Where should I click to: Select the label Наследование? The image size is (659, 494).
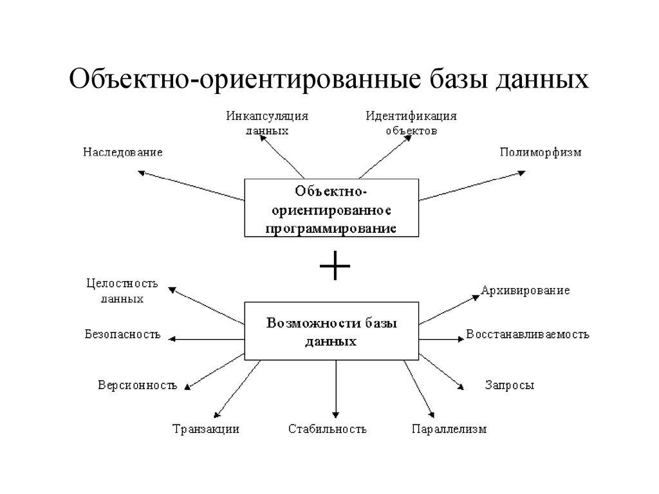coord(122,152)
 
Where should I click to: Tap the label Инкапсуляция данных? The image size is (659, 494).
coord(267,123)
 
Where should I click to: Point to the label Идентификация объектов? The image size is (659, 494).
coord(411,123)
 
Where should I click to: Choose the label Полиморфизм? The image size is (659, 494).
coord(541,152)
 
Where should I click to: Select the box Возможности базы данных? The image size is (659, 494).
coord(332,331)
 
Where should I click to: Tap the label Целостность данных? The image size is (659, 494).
coord(122,291)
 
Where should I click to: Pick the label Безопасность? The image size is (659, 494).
coord(122,334)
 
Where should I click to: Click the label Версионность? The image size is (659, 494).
coord(137,386)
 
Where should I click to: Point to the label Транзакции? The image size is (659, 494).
coord(206,429)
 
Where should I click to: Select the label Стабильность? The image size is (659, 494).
coord(328,429)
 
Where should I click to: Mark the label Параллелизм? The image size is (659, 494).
coord(449,429)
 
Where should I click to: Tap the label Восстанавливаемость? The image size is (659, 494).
coord(527,334)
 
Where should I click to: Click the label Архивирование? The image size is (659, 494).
coord(525,291)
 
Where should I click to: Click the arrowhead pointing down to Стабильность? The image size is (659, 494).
coord(335,414)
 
